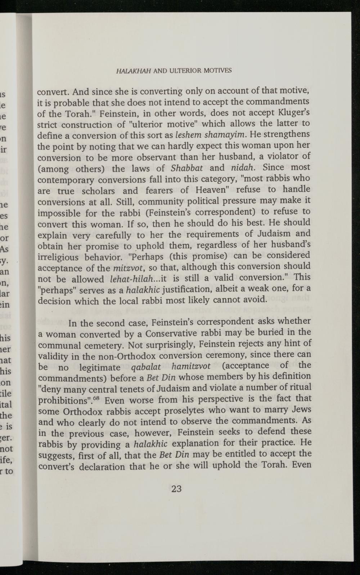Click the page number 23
coord(176,489)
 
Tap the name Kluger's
coord(292,113)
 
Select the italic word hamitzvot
coord(191,367)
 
